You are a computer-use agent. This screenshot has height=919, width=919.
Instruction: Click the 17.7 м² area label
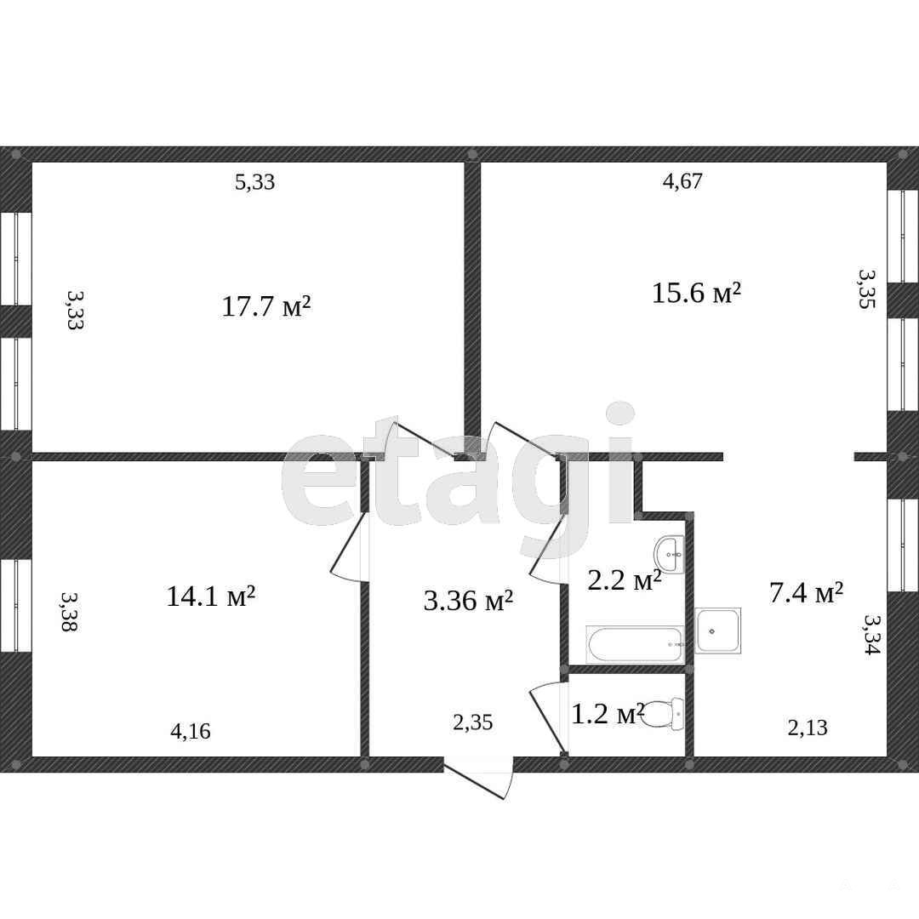[x=266, y=306]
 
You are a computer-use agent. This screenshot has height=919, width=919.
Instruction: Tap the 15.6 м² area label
[x=696, y=292]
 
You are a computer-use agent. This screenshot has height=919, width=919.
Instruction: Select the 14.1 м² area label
[x=211, y=596]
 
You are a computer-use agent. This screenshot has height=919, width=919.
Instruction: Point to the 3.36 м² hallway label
[x=468, y=600]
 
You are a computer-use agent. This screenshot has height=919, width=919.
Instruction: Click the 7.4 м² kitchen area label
[x=806, y=592]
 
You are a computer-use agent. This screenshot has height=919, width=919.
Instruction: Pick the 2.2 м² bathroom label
[x=625, y=580]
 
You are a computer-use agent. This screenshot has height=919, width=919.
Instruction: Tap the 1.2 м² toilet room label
[x=608, y=713]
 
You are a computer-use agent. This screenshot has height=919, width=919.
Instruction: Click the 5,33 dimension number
[x=255, y=182]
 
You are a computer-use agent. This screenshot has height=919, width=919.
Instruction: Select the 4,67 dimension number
[x=682, y=181]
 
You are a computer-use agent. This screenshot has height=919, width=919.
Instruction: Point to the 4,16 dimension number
[x=191, y=732]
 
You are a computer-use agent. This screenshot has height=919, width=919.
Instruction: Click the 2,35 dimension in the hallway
[x=473, y=722]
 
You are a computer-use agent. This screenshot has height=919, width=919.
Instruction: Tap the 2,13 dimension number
[x=808, y=728]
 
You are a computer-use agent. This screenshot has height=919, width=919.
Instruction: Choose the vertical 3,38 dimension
[x=69, y=611]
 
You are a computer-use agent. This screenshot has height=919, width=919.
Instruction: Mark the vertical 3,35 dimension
[x=867, y=288]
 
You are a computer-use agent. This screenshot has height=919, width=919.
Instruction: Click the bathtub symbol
[x=636, y=645]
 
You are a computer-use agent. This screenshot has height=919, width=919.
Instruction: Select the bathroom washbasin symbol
[x=670, y=555]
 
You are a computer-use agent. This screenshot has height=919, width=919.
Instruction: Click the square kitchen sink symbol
[x=718, y=631]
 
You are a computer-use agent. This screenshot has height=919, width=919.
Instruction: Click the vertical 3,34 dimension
[x=872, y=634]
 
